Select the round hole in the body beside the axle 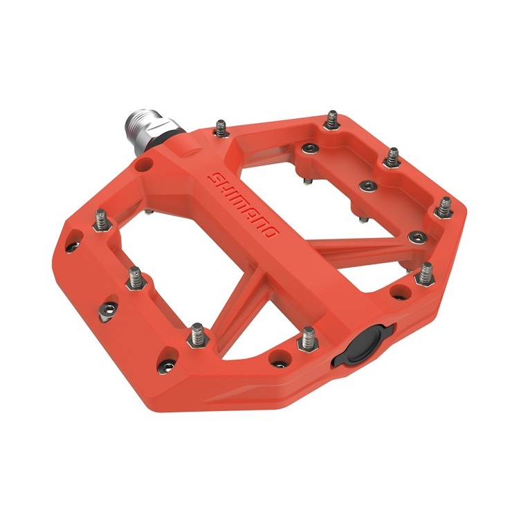click(x=143, y=165)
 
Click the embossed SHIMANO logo click(x=245, y=205)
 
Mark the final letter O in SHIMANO click(x=271, y=231)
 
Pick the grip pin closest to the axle click(x=221, y=127)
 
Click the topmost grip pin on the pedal click(x=333, y=117)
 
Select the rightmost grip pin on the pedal click(x=444, y=205)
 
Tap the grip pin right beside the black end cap click(x=307, y=338)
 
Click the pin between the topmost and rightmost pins click(x=392, y=155)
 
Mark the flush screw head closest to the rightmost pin click(x=415, y=237)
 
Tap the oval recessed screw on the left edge click(x=107, y=311)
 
